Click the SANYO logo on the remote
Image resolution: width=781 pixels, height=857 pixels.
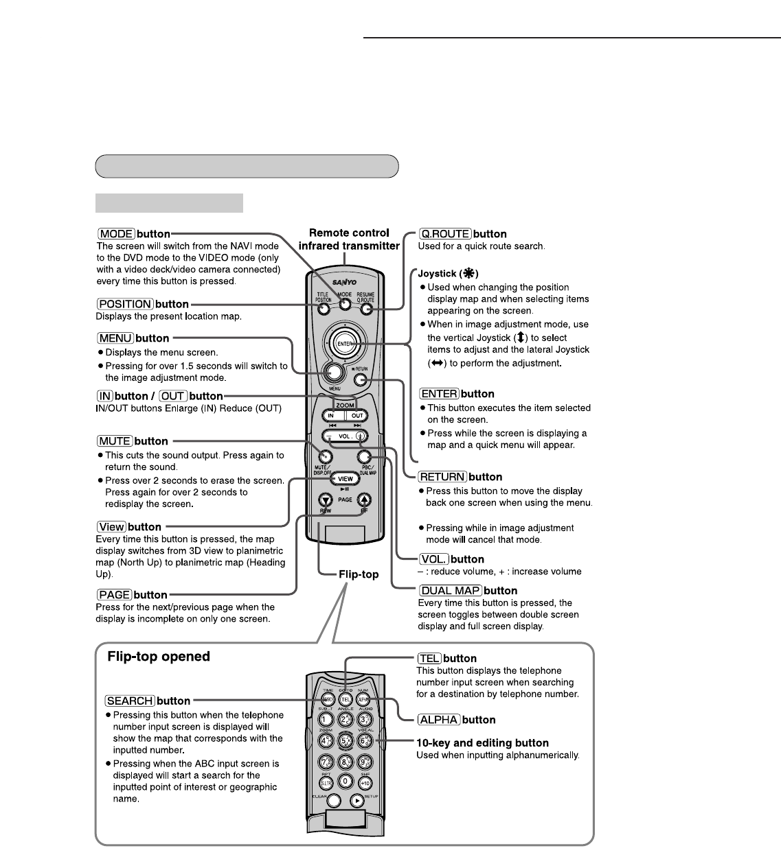pos(346,282)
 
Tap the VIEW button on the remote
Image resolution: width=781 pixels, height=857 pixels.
pos(346,479)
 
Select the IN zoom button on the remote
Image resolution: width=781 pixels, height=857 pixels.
pos(331,416)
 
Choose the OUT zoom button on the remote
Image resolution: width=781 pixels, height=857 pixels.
pos(357,416)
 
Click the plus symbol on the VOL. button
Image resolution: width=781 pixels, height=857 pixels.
pos(361,436)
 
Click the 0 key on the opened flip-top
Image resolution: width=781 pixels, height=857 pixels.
pos(345,781)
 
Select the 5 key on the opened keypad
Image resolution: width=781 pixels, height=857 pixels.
pos(345,742)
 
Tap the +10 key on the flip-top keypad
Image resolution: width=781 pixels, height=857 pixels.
pos(365,782)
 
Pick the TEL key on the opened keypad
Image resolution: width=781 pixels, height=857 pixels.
pos(345,700)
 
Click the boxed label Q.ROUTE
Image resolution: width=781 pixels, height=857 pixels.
pos(445,234)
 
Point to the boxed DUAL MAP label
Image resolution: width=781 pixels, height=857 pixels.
pos(450,591)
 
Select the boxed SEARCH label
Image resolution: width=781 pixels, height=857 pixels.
pos(130,701)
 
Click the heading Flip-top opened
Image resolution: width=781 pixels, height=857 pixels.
pos(159,657)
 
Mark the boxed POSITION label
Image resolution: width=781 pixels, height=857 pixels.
pos(124,304)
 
